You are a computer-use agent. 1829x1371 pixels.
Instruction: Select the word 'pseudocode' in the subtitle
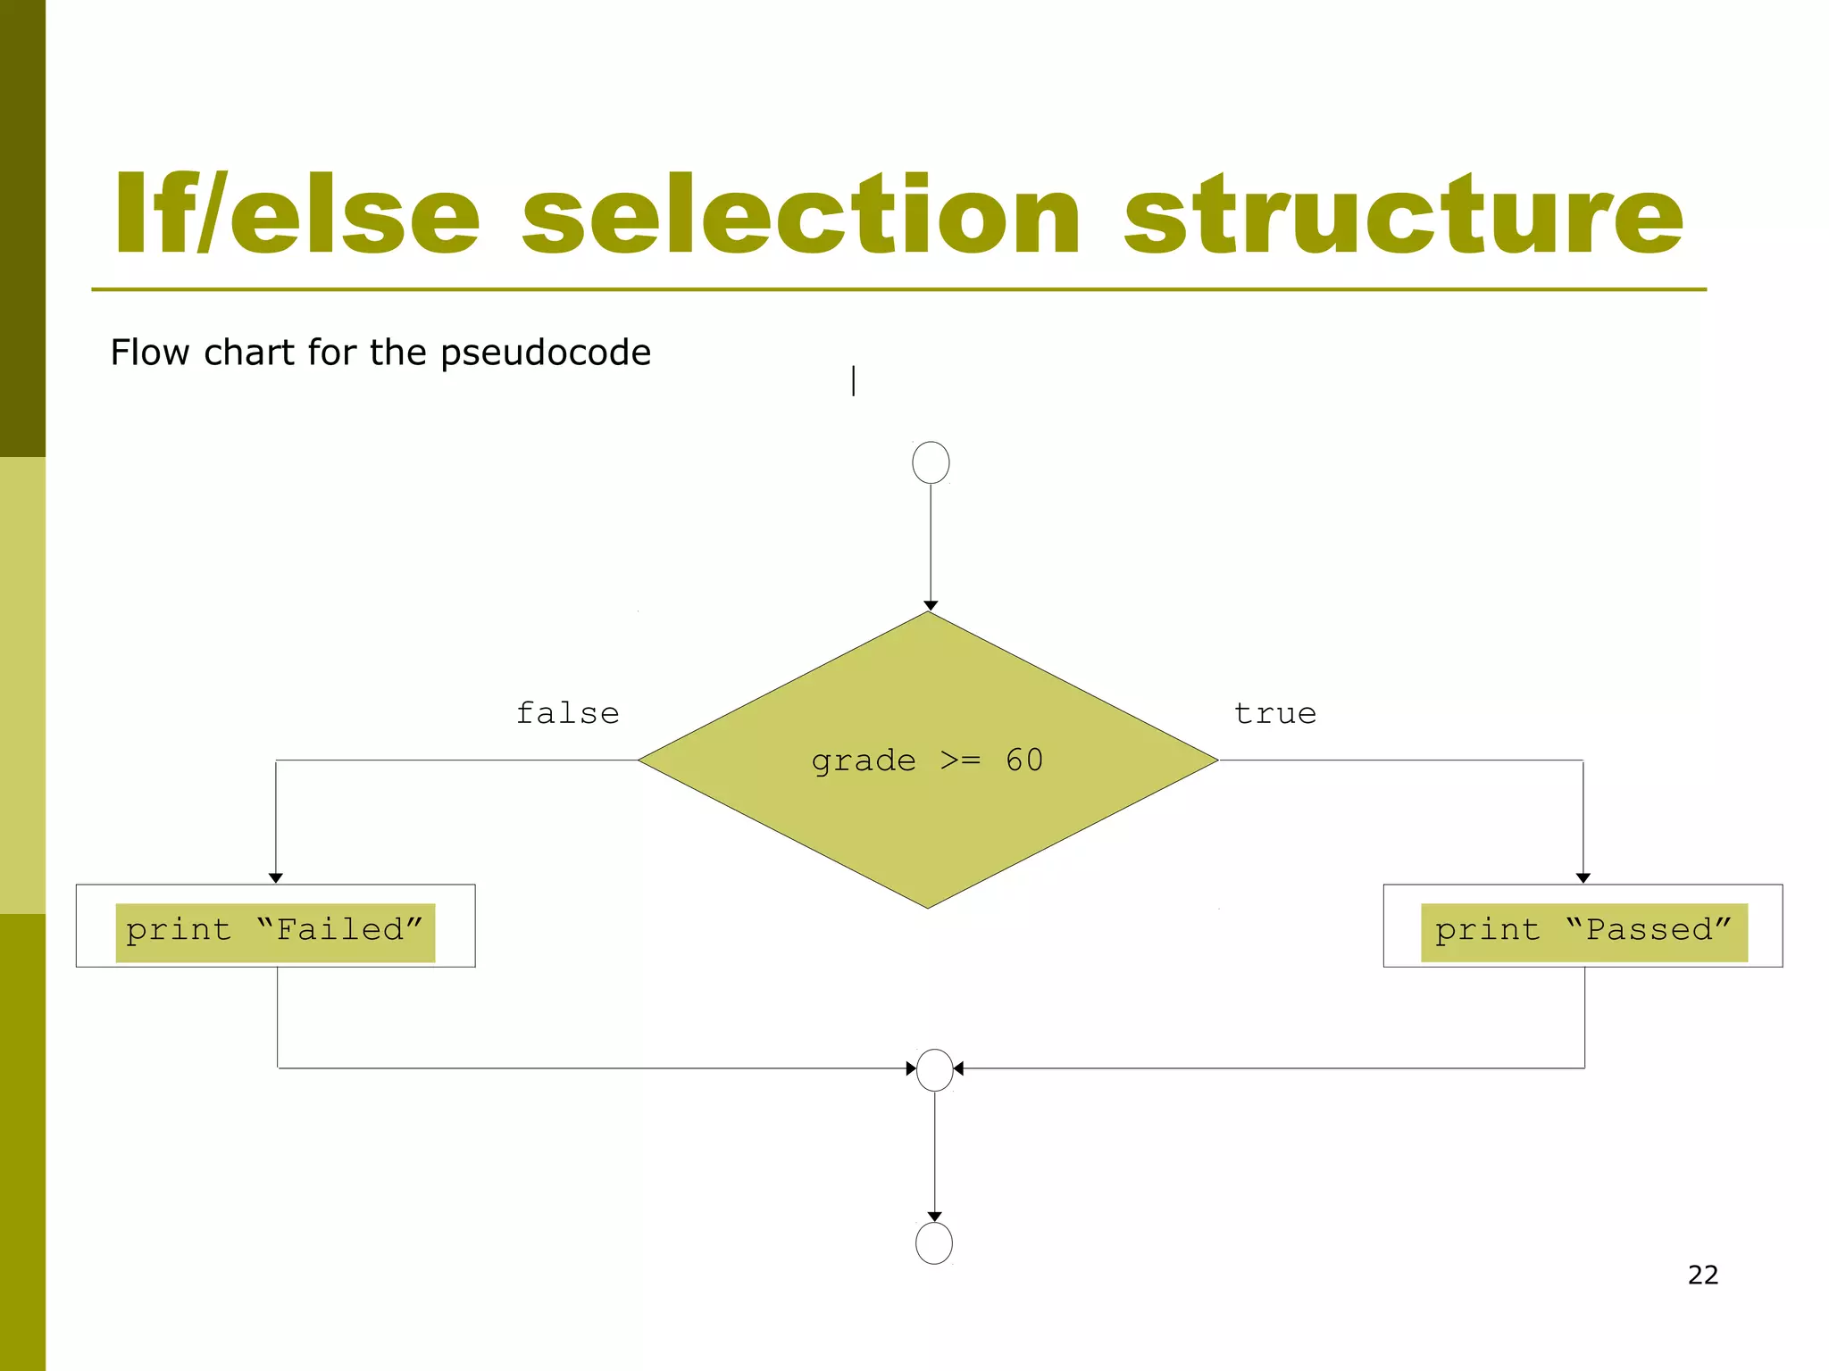tap(546, 353)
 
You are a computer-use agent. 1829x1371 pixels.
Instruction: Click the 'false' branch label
tap(568, 713)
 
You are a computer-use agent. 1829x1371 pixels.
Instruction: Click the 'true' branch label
tap(1275, 713)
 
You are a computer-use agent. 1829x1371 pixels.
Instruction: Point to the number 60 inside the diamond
tap(1024, 760)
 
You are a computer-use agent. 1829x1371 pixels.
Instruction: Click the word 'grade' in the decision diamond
tap(864, 761)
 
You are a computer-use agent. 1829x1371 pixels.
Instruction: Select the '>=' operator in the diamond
tap(960, 761)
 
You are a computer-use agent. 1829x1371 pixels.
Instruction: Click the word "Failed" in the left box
tap(339, 930)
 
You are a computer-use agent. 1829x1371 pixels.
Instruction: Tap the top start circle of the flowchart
tap(931, 462)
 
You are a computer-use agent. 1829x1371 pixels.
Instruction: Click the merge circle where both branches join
tap(935, 1069)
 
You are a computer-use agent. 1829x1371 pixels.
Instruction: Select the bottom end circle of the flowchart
tap(934, 1242)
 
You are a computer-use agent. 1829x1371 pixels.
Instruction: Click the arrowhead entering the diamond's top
tap(931, 606)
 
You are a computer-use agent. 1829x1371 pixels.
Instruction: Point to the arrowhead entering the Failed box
tap(276, 878)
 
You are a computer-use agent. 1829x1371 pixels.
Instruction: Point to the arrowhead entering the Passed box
tap(1583, 878)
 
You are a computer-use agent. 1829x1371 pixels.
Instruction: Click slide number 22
tap(1703, 1275)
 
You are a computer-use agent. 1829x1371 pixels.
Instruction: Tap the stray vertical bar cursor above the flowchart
tap(854, 381)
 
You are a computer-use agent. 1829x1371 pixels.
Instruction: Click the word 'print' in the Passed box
tap(1487, 931)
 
